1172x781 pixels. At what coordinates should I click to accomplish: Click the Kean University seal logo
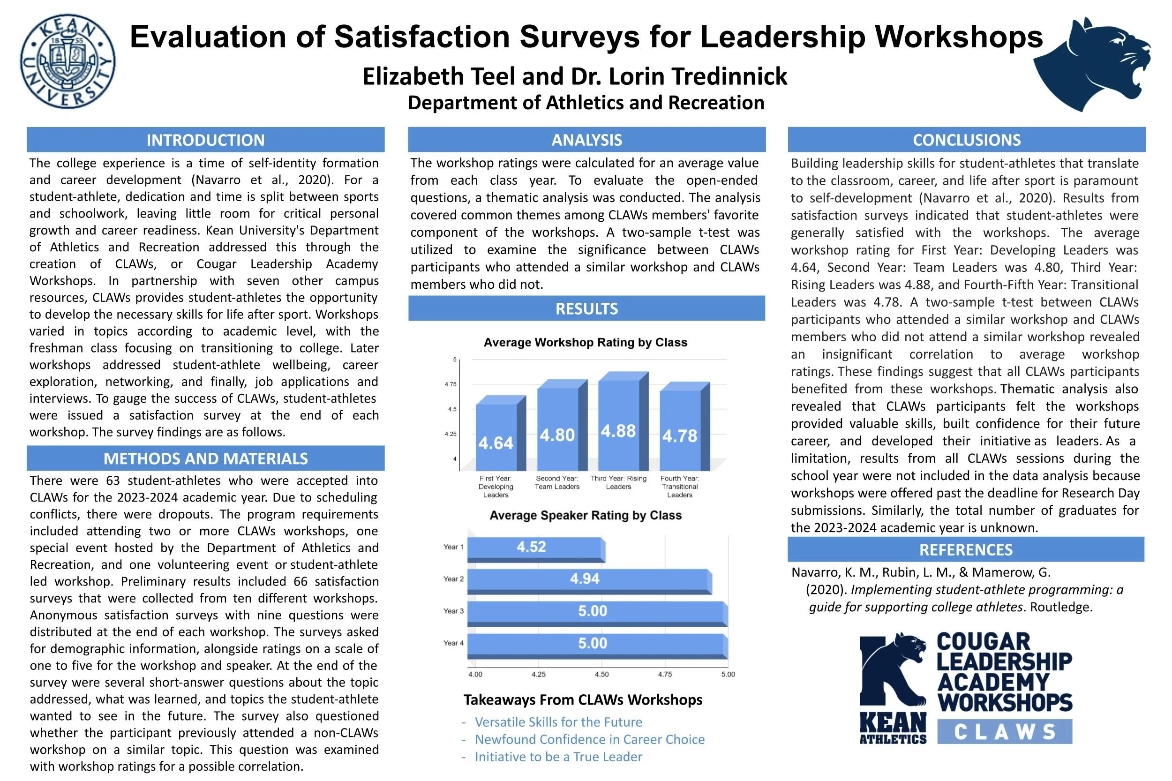pos(67,61)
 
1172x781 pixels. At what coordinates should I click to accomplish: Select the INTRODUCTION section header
pos(205,140)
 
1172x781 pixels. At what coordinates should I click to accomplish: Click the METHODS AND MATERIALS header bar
pos(205,458)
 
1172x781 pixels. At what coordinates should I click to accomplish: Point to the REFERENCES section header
pos(965,549)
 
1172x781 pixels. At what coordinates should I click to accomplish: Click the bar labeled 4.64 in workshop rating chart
pos(496,437)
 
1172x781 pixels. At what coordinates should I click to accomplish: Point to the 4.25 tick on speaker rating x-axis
pos(539,675)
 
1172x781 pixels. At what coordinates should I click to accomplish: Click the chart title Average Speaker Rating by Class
pos(585,515)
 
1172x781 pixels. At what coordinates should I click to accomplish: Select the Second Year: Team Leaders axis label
pos(557,483)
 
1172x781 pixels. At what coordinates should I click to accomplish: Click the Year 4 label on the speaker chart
pos(453,643)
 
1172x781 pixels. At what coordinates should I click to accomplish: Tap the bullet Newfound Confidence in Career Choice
pos(589,739)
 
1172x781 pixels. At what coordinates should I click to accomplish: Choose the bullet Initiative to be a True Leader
pos(558,757)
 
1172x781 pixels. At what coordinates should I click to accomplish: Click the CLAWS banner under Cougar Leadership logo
pos(1004,732)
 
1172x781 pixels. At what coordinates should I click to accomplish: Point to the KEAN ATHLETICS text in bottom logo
pos(893,728)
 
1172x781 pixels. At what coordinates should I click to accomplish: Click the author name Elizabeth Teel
pos(438,76)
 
